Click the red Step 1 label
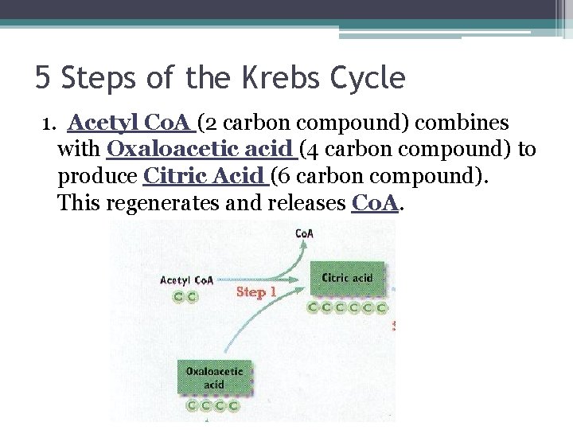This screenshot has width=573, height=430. click(x=256, y=292)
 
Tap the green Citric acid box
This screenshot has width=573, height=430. click(x=347, y=279)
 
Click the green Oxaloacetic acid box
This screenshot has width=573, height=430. click(x=214, y=377)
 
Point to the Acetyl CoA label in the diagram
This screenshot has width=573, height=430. click(x=186, y=279)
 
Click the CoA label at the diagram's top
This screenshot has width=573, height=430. click(x=303, y=233)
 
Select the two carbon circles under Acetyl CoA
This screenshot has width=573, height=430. click(x=185, y=295)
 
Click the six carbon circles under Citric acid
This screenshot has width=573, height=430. click(x=348, y=307)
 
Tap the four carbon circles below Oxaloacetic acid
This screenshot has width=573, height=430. click(x=214, y=405)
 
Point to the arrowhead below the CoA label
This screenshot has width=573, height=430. click(x=303, y=245)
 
